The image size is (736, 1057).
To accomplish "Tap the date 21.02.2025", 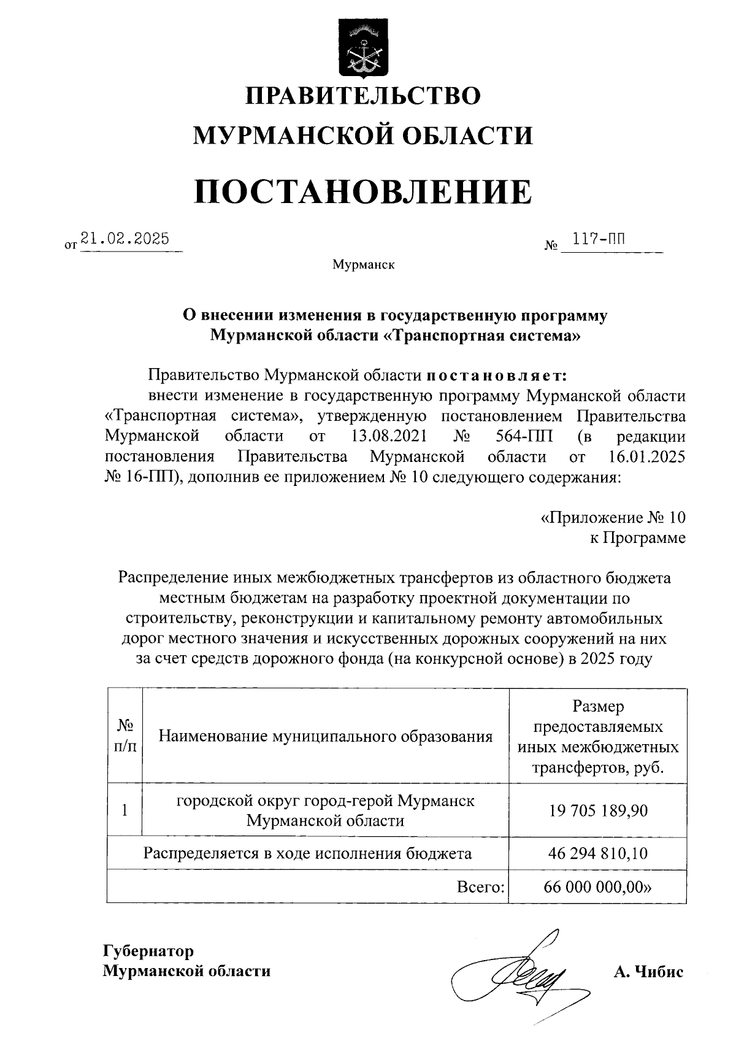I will tap(125, 239).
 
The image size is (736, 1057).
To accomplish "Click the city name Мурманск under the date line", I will tap(363, 265).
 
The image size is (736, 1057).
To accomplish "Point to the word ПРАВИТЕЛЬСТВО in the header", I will tap(363, 96).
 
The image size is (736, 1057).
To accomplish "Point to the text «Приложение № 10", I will tap(613, 518).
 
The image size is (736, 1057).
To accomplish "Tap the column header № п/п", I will tap(125, 736).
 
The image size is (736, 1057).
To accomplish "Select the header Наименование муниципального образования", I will tap(326, 736).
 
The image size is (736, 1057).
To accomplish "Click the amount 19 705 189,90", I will tap(598, 810).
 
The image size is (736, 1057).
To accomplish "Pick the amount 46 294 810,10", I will tap(598, 853).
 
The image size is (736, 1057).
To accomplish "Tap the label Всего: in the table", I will tap(481, 887).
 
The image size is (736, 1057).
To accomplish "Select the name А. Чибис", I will tap(648, 972).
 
